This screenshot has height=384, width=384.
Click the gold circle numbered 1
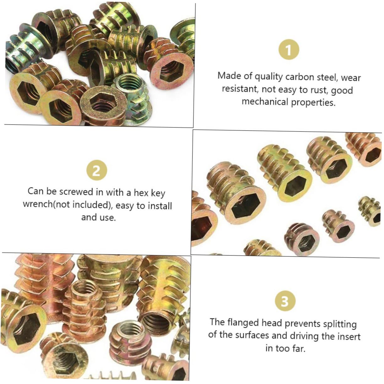tap(289, 50)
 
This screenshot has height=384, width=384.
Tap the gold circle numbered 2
tap(96, 170)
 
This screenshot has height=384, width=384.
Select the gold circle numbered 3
tap(285, 301)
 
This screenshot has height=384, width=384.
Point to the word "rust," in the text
tap(317, 90)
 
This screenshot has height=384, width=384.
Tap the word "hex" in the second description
tap(141, 192)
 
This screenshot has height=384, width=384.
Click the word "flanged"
tap(243, 322)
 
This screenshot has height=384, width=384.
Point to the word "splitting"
tap(340, 324)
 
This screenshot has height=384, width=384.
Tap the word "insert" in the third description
tap(349, 336)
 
